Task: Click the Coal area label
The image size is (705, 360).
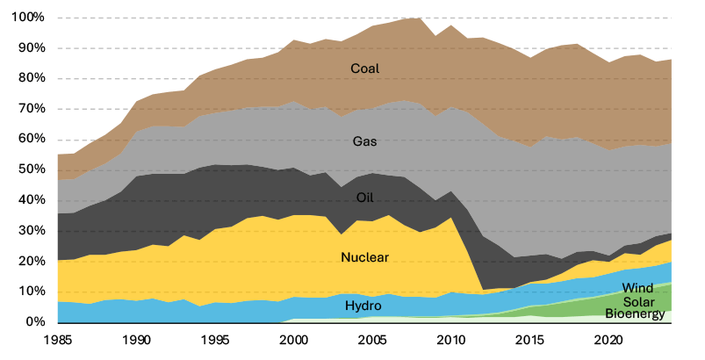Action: click(x=365, y=69)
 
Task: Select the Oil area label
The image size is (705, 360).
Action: click(x=365, y=197)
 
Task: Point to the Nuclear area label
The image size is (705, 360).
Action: click(x=365, y=257)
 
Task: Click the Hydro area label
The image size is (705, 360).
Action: click(x=363, y=306)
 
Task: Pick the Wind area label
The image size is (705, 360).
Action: click(x=638, y=288)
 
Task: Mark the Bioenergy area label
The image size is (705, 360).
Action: click(x=637, y=313)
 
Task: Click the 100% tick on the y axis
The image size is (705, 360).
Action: click(x=28, y=18)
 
